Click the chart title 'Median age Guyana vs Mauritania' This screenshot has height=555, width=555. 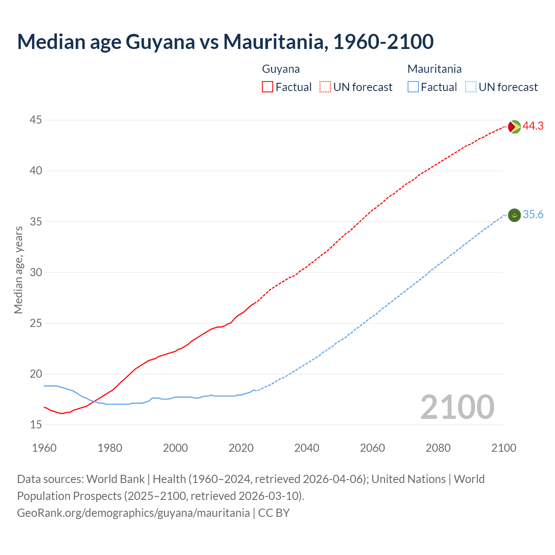pyautogui.click(x=225, y=42)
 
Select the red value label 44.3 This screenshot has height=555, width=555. pyautogui.click(x=533, y=126)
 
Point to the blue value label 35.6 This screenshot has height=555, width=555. pyautogui.click(x=533, y=215)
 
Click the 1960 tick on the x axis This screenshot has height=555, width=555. pyautogui.click(x=44, y=448)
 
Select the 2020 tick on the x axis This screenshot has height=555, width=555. pyautogui.click(x=241, y=448)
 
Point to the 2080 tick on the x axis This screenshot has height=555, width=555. pyautogui.click(x=438, y=448)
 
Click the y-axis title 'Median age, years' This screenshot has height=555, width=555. pyautogui.click(x=18, y=270)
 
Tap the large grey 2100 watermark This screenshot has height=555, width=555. pyautogui.click(x=457, y=407)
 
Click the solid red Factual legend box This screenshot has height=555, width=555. pyautogui.click(x=268, y=87)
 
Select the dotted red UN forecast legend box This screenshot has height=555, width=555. pyautogui.click(x=325, y=87)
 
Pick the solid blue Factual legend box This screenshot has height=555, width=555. pyautogui.click(x=413, y=87)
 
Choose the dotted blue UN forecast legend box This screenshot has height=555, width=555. pyautogui.click(x=470, y=87)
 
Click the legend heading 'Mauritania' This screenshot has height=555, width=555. pyautogui.click(x=434, y=69)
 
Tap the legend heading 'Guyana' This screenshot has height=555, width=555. pyautogui.click(x=281, y=69)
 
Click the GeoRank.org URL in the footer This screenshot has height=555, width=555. pyautogui.click(x=133, y=513)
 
